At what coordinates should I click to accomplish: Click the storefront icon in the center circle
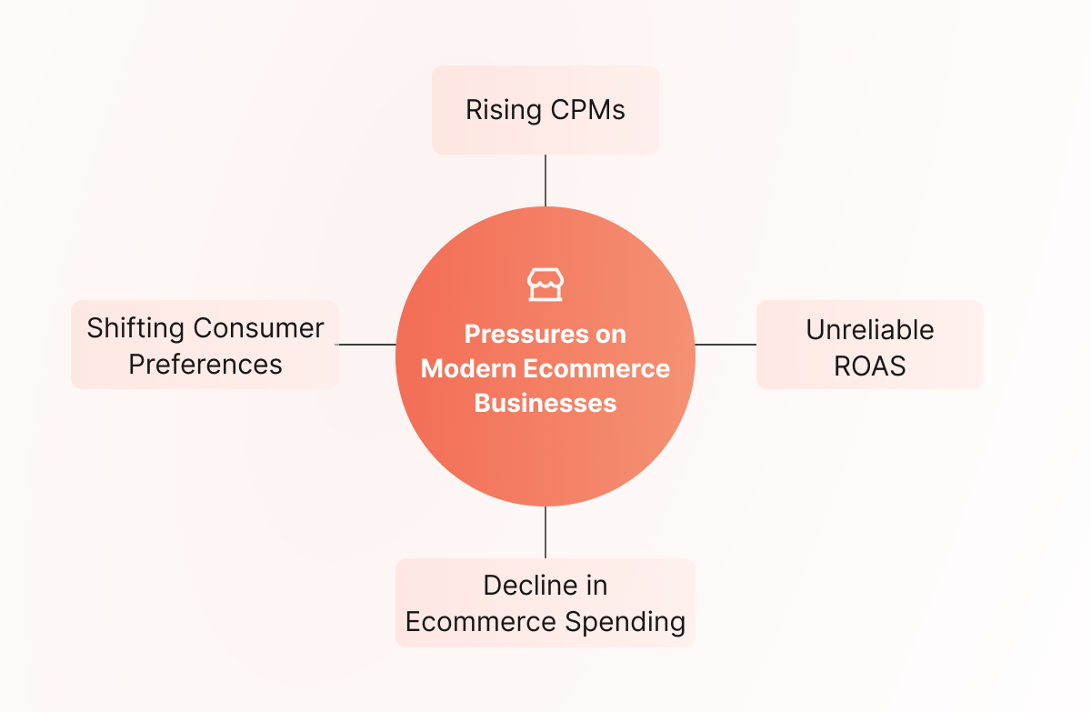click(x=545, y=285)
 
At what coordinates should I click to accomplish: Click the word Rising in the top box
click(x=503, y=111)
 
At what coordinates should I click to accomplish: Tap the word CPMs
click(x=588, y=110)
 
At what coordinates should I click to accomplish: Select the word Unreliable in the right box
click(x=870, y=330)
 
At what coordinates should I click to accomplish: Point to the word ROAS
click(x=870, y=366)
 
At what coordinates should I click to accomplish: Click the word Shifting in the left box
click(x=135, y=329)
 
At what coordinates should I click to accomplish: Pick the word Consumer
click(x=258, y=328)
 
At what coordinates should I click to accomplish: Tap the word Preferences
click(x=205, y=365)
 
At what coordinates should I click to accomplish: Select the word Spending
click(x=625, y=622)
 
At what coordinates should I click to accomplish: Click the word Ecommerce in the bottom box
click(x=481, y=622)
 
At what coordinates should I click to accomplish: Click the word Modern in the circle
click(x=468, y=368)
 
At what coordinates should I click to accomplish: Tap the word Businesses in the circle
click(x=545, y=403)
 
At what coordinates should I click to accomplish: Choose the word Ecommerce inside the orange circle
click(x=596, y=368)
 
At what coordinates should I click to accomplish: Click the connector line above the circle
click(x=545, y=181)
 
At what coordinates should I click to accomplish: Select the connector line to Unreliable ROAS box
click(x=726, y=345)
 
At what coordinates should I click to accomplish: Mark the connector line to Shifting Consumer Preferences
click(x=365, y=345)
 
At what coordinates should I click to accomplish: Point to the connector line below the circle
click(x=545, y=532)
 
